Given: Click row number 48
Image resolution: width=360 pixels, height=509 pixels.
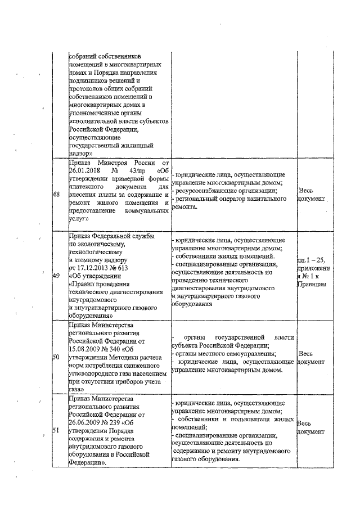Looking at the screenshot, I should (56, 194).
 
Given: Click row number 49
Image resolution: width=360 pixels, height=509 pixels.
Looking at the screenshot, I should (56, 276).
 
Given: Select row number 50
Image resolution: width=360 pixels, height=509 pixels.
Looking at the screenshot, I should (56, 357).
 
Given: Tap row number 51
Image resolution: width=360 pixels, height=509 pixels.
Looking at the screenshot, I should (56, 430).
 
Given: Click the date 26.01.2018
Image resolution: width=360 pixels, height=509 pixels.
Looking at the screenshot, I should (84, 171).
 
